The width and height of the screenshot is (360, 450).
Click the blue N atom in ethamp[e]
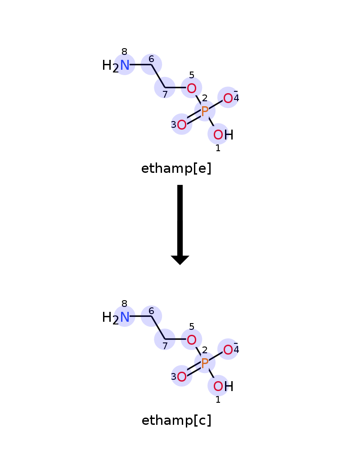coord(125,65)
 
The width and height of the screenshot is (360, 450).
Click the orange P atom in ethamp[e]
coord(205,111)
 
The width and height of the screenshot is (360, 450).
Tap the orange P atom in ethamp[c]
coord(205,363)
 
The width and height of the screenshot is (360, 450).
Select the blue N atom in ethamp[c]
coord(125,317)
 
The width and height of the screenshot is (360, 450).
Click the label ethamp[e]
coord(176,168)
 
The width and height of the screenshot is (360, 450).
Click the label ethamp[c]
coord(176,420)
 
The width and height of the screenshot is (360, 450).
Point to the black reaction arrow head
coord(180,260)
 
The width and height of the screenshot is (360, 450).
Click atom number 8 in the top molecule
coord(124,52)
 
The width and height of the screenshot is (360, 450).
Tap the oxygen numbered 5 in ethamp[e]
coord(192,88)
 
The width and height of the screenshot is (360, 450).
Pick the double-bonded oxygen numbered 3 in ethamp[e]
coord(182,125)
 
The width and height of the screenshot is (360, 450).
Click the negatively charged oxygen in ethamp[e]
coord(228,99)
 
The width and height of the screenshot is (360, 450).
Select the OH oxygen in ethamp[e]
coord(218,135)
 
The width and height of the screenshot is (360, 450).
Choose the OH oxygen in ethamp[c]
coord(218,386)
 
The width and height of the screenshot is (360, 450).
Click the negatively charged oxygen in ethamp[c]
coord(228,350)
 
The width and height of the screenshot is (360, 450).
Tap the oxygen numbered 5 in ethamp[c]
coord(192,340)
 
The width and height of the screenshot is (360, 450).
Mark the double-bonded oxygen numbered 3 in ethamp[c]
coord(182,377)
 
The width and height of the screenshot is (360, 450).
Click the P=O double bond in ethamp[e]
coord(194,117)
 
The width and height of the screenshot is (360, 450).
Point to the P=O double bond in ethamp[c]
coord(194,369)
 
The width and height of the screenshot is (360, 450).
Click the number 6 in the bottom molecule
coord(151,311)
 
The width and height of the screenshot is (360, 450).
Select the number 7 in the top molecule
coord(165,94)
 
